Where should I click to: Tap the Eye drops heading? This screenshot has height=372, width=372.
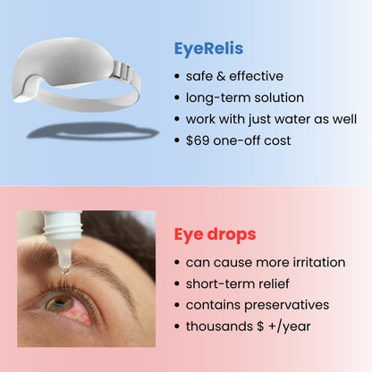click(214, 234)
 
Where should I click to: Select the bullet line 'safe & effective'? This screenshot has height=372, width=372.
click(235, 76)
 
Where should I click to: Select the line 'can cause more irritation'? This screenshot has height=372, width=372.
click(265, 264)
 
